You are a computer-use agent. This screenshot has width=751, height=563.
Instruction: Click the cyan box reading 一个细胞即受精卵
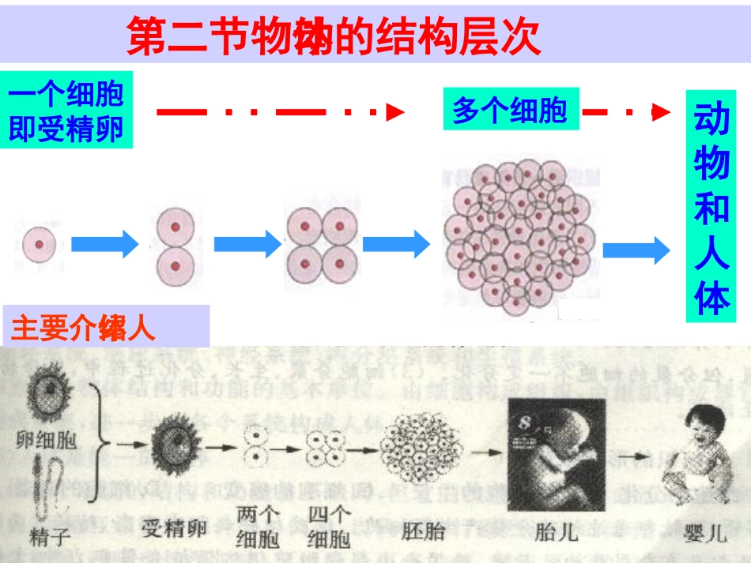tap(66, 111)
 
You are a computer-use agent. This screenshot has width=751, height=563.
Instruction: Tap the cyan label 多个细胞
tap(510, 110)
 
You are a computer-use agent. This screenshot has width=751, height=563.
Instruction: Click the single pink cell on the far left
tap(39, 245)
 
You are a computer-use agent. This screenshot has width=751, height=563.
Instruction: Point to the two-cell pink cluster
tap(175, 246)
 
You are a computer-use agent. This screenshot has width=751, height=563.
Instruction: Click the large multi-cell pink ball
tap(519, 238)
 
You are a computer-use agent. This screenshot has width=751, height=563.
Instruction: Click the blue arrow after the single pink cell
tap(104, 245)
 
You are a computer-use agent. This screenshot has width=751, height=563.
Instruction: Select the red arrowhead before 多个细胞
tap(395, 113)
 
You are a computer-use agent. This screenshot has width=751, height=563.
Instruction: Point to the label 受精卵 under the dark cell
tap(175, 527)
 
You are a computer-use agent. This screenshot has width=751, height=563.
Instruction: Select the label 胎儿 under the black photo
tap(556, 531)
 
